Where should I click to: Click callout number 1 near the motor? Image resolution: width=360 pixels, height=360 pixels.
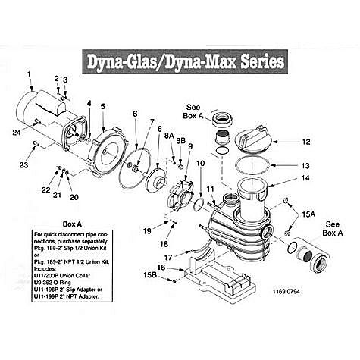click(x=30, y=74)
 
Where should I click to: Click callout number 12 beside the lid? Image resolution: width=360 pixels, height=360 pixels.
click(x=306, y=142)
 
